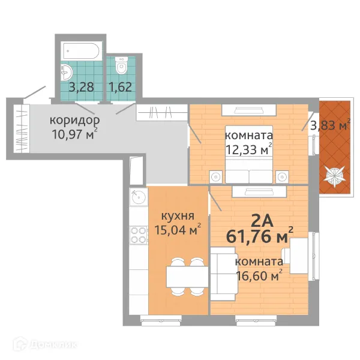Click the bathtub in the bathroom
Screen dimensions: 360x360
(x=81, y=51)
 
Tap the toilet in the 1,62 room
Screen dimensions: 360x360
(x=121, y=65)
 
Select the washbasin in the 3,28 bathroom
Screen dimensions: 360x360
(x=67, y=73)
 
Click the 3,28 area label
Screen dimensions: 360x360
(x=82, y=87)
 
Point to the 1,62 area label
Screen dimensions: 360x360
(x=121, y=87)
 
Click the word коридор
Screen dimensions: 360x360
(x=75, y=121)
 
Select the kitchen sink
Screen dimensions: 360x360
(x=139, y=196)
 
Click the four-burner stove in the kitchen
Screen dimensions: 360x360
(x=138, y=235)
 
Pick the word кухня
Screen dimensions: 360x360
(x=178, y=216)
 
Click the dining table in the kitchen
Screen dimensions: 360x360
(x=187, y=277)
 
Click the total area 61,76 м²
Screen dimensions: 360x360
(x=260, y=236)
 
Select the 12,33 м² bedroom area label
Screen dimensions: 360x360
(x=249, y=149)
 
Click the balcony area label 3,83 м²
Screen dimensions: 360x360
(x=331, y=125)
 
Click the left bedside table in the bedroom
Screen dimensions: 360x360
(x=216, y=177)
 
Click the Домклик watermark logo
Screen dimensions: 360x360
(x=45, y=344)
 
